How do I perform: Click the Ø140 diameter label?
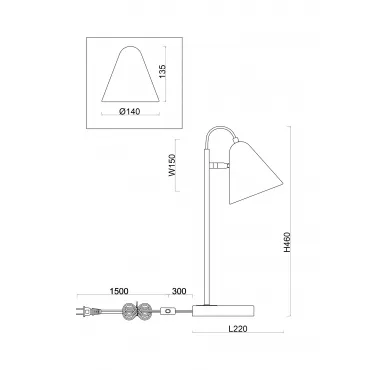coord(129,112)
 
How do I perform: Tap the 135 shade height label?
coord(162,72)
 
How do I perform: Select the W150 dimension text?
coord(172,165)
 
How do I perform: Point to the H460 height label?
coord(287,242)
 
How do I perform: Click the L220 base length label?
coord(238,329)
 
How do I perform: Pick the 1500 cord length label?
coord(119,291)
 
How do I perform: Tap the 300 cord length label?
coord(179,291)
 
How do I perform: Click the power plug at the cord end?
coord(88,312)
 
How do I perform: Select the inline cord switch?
coord(168,311)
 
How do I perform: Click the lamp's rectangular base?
coord(223,311)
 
